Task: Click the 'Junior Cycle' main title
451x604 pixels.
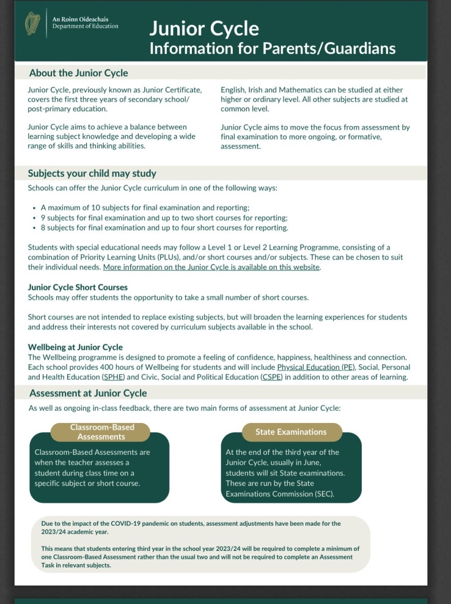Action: [x=204, y=29]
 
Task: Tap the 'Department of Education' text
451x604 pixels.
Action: [x=86, y=26]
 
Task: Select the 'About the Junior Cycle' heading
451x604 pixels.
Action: [x=78, y=73]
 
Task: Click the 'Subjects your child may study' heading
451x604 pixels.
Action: [x=92, y=173]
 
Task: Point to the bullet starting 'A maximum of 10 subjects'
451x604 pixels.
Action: [x=145, y=208]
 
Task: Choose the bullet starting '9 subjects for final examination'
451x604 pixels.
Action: [x=164, y=218]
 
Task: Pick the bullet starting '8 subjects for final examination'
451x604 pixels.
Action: [x=164, y=227]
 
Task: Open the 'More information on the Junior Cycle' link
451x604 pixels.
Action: [x=211, y=267]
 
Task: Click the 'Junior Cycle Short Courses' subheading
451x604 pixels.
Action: [x=78, y=287]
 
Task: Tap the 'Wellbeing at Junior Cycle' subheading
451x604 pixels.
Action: [x=75, y=347]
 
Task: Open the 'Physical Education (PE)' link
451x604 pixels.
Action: [x=317, y=367]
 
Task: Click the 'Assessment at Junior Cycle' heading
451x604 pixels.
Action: [x=88, y=393]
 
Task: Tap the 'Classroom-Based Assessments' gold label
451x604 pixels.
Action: [x=101, y=432]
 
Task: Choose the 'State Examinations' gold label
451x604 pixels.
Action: [x=291, y=432]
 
